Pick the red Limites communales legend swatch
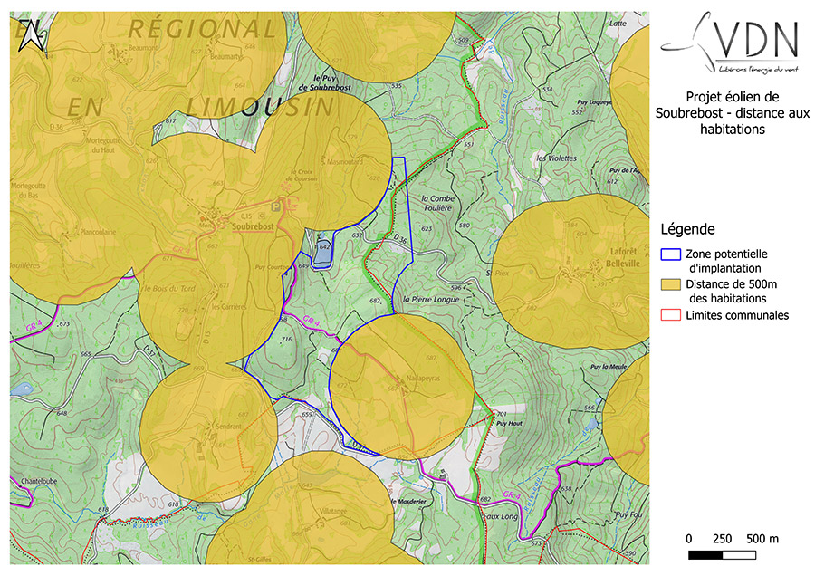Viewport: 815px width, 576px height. (670, 314)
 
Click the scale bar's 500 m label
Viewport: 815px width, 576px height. (762, 538)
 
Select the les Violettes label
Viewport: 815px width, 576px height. (556, 158)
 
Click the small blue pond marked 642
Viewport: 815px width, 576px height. (322, 254)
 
